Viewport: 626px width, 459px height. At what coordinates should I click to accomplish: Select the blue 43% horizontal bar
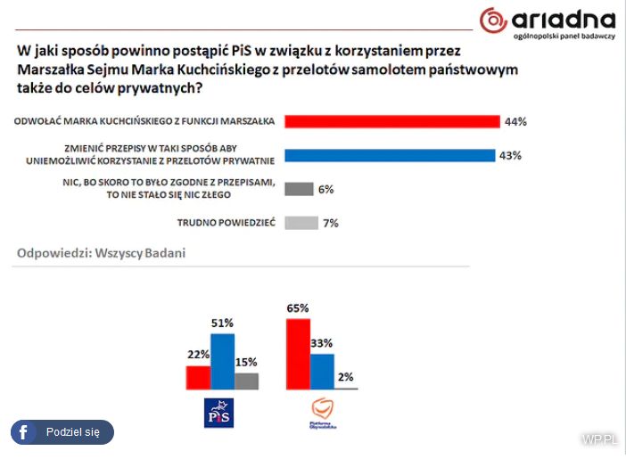click(x=389, y=155)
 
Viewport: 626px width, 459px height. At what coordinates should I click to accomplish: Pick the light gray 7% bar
click(x=301, y=223)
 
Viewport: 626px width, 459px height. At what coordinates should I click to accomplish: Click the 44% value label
click(x=515, y=121)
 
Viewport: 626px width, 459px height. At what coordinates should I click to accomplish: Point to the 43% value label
click(x=510, y=155)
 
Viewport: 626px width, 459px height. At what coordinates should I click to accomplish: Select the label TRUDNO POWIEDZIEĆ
click(x=227, y=223)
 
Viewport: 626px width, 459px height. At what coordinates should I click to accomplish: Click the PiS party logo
click(x=218, y=414)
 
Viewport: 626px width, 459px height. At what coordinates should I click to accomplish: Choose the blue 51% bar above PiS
click(x=222, y=362)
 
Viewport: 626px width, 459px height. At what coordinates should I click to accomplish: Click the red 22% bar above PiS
click(x=198, y=377)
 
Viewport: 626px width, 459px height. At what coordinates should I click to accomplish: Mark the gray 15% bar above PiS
click(x=246, y=381)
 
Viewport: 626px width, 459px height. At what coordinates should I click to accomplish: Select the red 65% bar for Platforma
click(x=298, y=354)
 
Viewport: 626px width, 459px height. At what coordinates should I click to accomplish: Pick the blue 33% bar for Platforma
click(x=322, y=372)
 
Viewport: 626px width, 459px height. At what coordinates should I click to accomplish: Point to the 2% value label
click(x=345, y=377)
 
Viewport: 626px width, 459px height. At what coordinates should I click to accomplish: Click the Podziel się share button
click(x=62, y=432)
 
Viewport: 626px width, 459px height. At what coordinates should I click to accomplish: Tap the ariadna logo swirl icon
click(x=492, y=20)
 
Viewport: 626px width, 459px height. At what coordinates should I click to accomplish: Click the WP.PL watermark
click(x=598, y=439)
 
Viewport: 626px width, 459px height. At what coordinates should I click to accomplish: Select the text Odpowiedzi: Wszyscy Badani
click(x=101, y=254)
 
